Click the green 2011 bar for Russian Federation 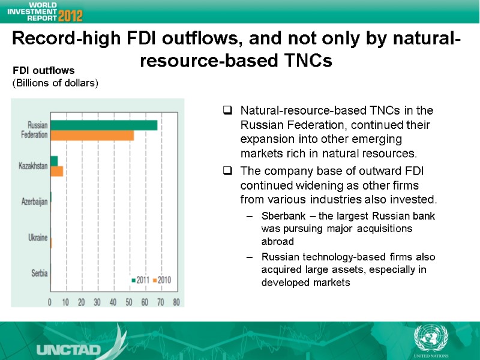[x=104, y=125]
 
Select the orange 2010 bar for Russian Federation [x=92, y=136]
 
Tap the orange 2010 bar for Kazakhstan [x=56, y=172]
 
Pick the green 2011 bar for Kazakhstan [x=54, y=161]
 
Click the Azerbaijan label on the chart [x=34, y=202]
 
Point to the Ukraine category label [x=38, y=238]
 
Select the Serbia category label [x=39, y=274]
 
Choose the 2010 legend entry [x=162, y=280]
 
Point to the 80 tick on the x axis [x=176, y=302]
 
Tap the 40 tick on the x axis [x=113, y=302]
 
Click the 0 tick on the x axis [x=50, y=302]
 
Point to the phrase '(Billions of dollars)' [x=55, y=83]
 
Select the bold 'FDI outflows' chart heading [x=43, y=71]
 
